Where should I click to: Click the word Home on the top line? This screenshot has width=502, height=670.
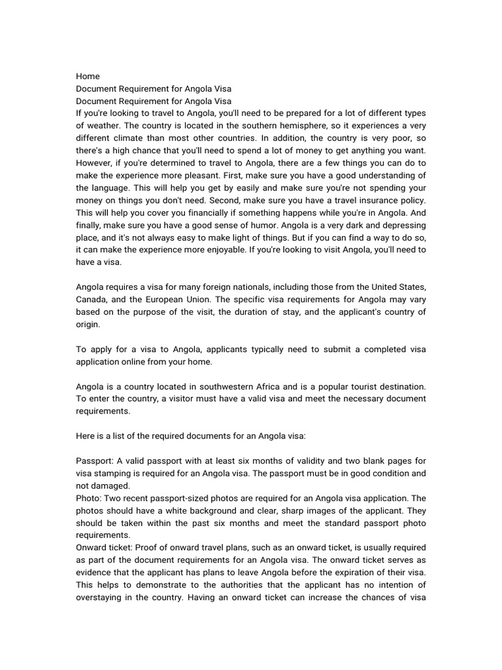pos(88,77)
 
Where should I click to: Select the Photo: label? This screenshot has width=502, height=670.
pos(89,498)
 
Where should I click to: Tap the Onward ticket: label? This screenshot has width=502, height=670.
pos(105,548)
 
